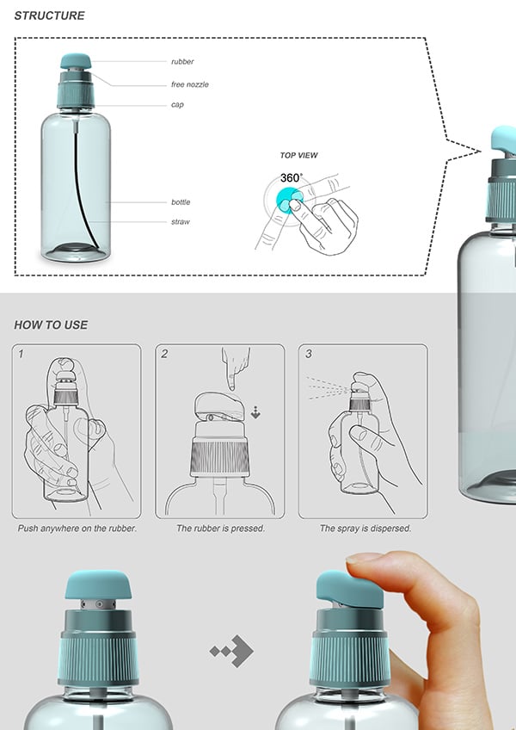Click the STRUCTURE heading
click(49, 15)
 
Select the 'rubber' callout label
click(182, 61)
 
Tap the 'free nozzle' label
click(190, 84)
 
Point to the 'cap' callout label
click(177, 105)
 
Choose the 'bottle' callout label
click(181, 202)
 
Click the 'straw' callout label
click(181, 221)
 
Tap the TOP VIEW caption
click(298, 156)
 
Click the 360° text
click(292, 178)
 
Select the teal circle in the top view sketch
click(288, 201)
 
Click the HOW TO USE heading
click(51, 325)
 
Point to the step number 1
click(21, 355)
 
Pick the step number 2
click(164, 355)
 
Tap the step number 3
click(309, 355)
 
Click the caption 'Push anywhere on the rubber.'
click(77, 529)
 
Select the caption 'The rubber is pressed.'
click(220, 529)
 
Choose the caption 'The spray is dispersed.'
click(365, 529)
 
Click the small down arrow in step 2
click(255, 412)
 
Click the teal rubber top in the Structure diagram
click(76, 61)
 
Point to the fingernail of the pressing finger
click(364, 557)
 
